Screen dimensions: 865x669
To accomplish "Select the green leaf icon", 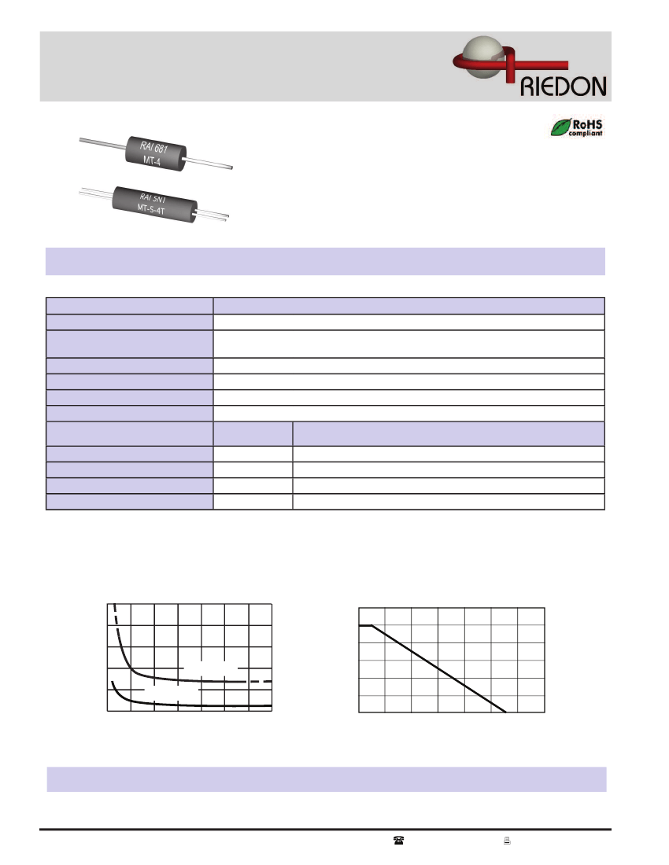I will coord(560,127).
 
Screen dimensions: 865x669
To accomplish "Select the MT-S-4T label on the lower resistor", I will coord(154,208).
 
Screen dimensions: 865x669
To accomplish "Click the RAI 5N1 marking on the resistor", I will coord(155,197).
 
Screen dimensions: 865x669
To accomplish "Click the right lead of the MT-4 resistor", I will coord(211,164).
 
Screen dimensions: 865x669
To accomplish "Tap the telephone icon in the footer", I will coord(397,841).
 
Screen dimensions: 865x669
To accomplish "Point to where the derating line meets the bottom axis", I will coord(505,712).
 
